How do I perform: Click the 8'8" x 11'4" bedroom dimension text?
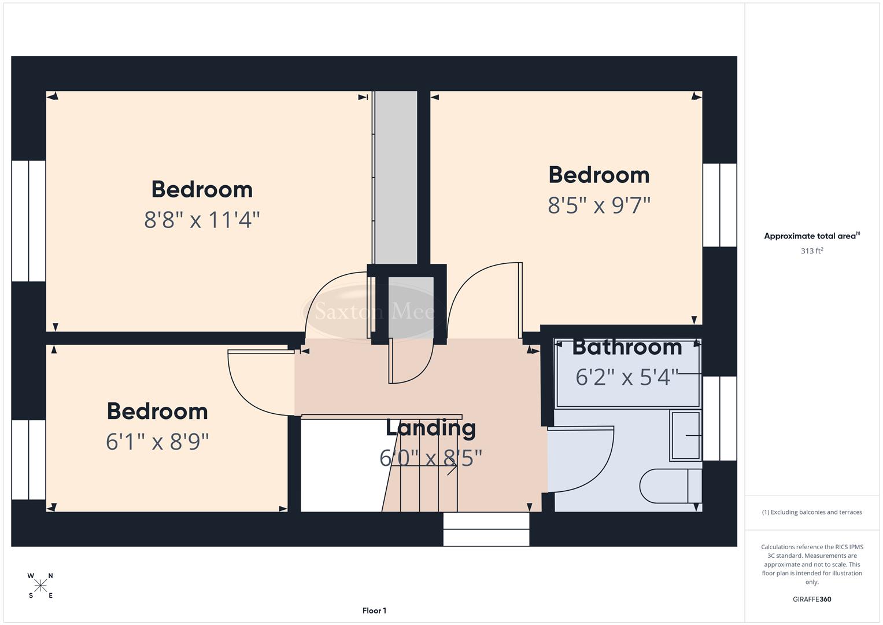coord(202,220)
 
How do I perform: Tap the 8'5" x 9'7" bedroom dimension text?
coord(599,205)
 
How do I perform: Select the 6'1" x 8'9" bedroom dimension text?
coord(157,442)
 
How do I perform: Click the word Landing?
coord(431,428)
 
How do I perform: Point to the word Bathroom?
coord(627,347)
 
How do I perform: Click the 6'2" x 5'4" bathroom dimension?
coord(627,377)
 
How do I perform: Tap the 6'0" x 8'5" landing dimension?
coord(431,458)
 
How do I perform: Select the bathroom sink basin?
coord(686,435)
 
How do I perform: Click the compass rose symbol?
coord(40,586)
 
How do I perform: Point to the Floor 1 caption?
coord(374,611)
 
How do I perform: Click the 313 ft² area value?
coord(812,251)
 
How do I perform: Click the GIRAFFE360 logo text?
coord(812,599)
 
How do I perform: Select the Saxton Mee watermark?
coord(374,312)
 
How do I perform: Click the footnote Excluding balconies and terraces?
coord(812,512)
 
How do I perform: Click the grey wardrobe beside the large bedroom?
coord(396,177)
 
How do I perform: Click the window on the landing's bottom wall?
coord(486,529)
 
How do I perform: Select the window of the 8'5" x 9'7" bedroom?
coord(719,205)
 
